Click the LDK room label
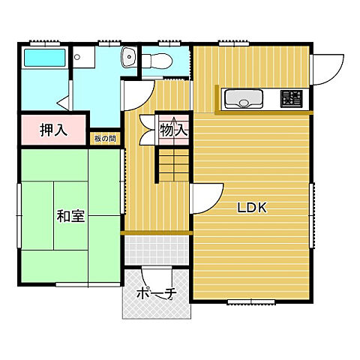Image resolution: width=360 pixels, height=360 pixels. coord(252,208)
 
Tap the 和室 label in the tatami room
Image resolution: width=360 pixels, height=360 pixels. coord(70,216)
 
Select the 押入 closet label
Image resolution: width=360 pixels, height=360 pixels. coord(53,130)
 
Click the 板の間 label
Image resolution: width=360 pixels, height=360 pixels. coord(105,139)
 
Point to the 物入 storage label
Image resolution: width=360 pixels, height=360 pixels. coord(174,130)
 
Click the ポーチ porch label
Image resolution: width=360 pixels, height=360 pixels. coord(157,293)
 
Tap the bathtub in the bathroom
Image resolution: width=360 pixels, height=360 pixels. coord(45,58)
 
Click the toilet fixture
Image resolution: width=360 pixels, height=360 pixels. coord(157,61)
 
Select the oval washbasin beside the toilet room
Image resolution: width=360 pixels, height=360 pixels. coord(129,57)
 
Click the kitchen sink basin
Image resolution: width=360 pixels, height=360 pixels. coord(244,99)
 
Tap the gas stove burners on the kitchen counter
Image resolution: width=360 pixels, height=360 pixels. coord(291,99)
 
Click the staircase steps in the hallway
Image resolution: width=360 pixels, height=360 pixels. coord(174,165)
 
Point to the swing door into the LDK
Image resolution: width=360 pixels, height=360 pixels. coord(205,199)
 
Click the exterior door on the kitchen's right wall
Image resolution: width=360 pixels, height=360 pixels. coord(328,70)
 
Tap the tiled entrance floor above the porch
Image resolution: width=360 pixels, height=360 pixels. coord(157,250)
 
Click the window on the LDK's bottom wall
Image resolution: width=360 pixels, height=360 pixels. coord(251,302)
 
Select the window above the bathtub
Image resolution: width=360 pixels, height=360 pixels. coord(45,43)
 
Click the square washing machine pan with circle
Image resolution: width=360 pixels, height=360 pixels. coord(84,57)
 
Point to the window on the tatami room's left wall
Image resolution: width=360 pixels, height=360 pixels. coord(19,215)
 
